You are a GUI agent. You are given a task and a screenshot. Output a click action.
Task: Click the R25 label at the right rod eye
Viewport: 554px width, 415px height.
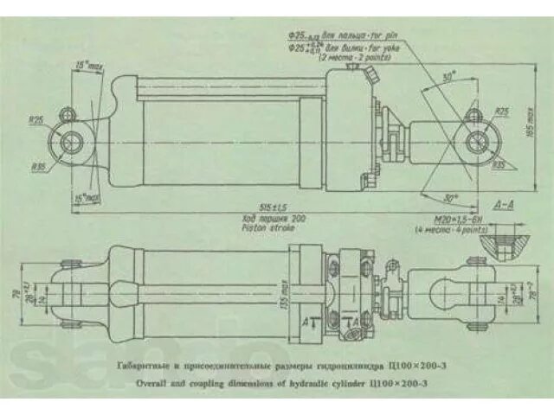pyautogui.click(x=501, y=112)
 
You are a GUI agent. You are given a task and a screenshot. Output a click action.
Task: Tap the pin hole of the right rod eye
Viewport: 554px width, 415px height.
pyautogui.click(x=474, y=140)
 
